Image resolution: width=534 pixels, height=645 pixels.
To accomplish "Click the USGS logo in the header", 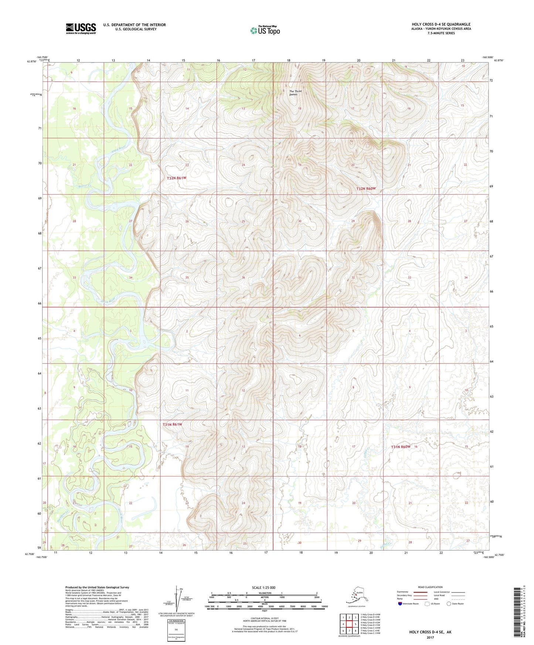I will (x=81, y=28).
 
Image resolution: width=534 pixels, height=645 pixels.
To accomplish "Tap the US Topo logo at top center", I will (x=265, y=30).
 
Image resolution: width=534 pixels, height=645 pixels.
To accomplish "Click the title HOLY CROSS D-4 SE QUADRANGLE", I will (x=441, y=24).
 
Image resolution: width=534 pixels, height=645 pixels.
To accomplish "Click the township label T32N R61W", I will (x=177, y=178).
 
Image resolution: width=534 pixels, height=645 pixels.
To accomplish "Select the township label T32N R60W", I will (x=366, y=188).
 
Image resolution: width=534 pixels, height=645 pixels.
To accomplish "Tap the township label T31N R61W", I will (x=173, y=424).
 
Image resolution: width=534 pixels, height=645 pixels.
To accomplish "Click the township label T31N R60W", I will (x=401, y=447).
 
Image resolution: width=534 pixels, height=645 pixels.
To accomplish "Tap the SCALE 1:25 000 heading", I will (x=263, y=588).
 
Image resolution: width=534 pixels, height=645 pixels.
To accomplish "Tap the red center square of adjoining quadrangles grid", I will (x=349, y=624).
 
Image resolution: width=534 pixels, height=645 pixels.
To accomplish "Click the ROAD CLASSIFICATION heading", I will (x=430, y=587).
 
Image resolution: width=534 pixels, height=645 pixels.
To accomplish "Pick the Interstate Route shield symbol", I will (x=400, y=604).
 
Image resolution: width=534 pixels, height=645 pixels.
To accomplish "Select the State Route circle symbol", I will (x=449, y=604).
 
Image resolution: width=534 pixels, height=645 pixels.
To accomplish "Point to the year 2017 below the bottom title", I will (x=430, y=637).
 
